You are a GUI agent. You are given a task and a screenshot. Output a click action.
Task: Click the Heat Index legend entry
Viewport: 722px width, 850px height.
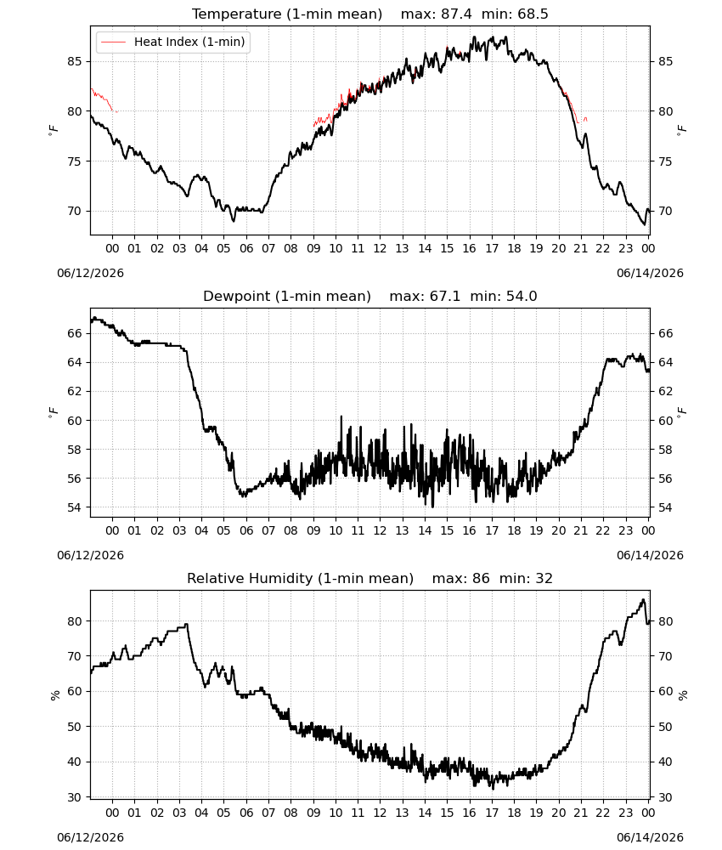172,42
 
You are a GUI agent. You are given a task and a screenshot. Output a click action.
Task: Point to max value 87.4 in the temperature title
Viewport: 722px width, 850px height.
456,14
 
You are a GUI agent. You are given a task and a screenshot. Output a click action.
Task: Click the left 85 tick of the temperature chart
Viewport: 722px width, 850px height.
75,61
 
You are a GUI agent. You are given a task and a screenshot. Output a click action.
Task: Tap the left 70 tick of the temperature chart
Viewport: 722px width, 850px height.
75,211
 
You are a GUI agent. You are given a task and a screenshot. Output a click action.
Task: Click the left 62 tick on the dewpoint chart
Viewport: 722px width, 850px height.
75,391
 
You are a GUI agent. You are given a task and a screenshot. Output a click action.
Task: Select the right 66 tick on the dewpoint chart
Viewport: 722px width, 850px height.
666,333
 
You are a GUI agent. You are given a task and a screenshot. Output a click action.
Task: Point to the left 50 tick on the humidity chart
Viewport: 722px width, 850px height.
75,727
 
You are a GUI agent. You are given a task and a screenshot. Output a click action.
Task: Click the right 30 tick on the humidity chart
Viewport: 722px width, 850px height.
666,797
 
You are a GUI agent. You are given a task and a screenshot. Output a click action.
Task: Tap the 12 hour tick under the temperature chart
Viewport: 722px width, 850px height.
380,248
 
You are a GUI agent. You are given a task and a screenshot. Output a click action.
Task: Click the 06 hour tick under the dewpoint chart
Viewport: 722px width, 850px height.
246,530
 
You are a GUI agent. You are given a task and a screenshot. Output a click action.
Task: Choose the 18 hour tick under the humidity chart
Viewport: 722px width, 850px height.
514,813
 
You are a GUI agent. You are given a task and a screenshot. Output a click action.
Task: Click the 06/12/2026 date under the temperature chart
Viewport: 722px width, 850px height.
90,273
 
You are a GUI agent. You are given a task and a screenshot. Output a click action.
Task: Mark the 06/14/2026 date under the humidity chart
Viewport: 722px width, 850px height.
650,837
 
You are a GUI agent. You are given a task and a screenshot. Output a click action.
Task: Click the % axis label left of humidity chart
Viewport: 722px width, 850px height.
54,695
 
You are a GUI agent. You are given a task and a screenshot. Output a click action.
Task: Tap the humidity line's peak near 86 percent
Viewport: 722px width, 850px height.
643,599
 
